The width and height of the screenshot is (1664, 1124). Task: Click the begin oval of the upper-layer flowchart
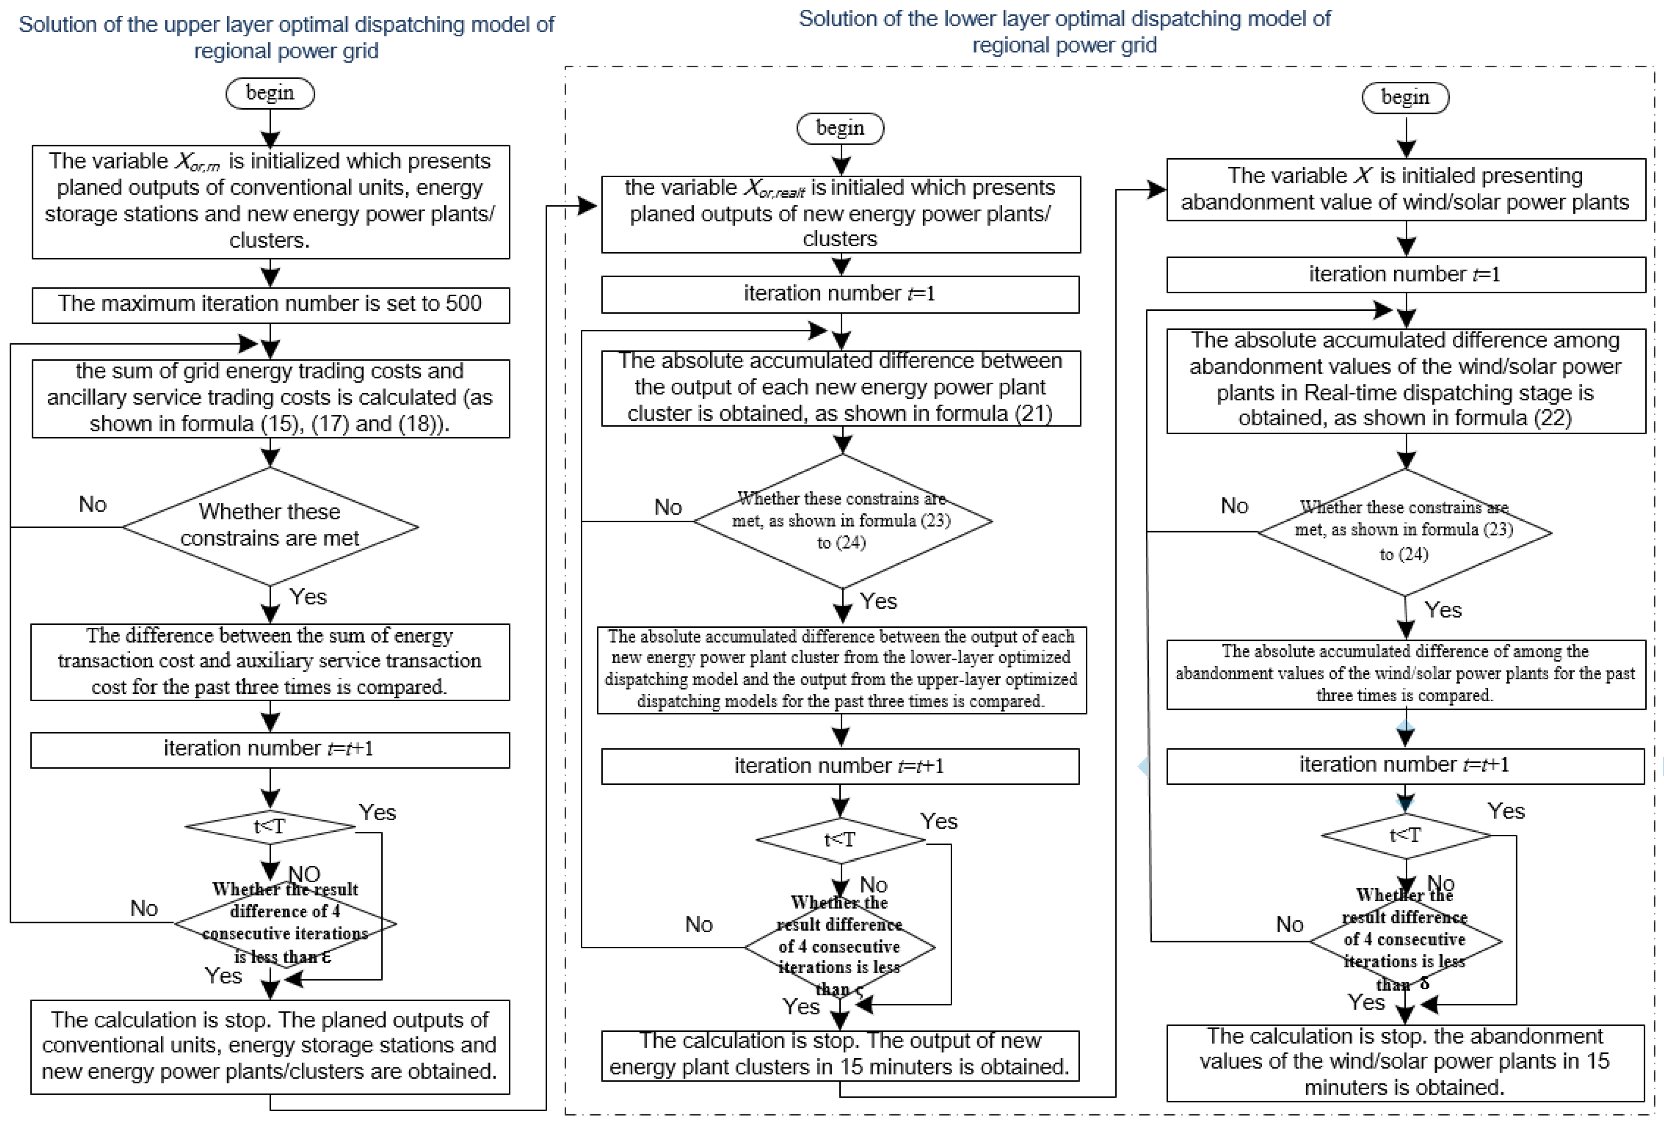[x=270, y=93]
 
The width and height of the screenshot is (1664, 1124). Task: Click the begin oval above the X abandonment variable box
[x=1405, y=98]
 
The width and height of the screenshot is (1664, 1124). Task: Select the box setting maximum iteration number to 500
[x=270, y=304]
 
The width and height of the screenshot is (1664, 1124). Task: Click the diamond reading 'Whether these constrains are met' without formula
[x=270, y=526]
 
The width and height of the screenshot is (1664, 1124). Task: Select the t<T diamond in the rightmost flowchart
[x=1405, y=835]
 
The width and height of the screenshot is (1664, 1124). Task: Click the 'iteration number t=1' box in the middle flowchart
[x=840, y=293]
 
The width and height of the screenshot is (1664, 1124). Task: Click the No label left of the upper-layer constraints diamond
[x=92, y=504]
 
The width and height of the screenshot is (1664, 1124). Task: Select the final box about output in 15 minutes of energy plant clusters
[x=840, y=1055]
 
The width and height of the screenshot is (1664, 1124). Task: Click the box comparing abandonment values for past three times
[x=1405, y=673]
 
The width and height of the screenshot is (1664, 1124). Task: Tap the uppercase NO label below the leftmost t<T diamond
[x=304, y=874]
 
